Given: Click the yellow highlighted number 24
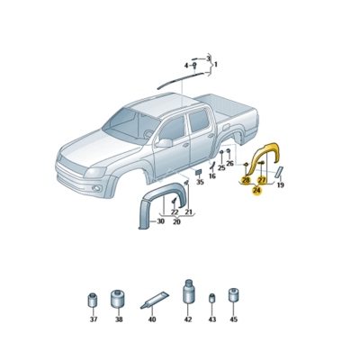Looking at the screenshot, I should click(x=257, y=191).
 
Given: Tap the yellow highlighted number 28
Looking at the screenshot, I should click(x=246, y=181).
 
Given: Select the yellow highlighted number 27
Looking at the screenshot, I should click(x=261, y=181).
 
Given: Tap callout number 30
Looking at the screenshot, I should click(x=160, y=221).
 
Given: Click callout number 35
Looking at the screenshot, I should click(x=199, y=183).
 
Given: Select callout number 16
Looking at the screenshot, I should click(x=212, y=176).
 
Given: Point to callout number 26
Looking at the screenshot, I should click(x=230, y=164).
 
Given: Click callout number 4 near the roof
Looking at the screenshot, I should click(x=188, y=66).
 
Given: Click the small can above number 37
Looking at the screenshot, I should click(x=91, y=300).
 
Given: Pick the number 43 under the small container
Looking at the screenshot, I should click(x=211, y=319).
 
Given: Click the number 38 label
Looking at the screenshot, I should click(x=117, y=319).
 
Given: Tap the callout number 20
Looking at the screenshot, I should click(x=176, y=221).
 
